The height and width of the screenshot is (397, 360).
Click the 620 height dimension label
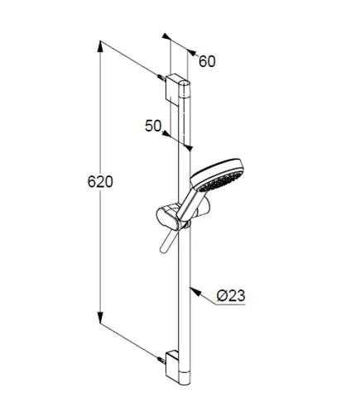pyautogui.click(x=100, y=182)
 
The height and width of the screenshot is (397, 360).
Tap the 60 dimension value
pyautogui.click(x=207, y=61)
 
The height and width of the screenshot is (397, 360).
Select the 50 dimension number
pyautogui.click(x=153, y=126)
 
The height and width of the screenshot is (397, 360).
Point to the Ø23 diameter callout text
pyautogui.click(x=231, y=296)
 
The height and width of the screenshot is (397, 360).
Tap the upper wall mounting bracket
pyautogui.click(x=174, y=88)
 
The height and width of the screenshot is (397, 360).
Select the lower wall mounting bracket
pyautogui.click(x=173, y=365)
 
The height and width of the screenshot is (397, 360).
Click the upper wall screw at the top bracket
pyautogui.click(x=161, y=77)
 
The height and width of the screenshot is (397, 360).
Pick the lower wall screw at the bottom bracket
pyautogui.click(x=161, y=360)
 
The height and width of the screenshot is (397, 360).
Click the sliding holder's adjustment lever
pyautogui.click(x=166, y=242)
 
